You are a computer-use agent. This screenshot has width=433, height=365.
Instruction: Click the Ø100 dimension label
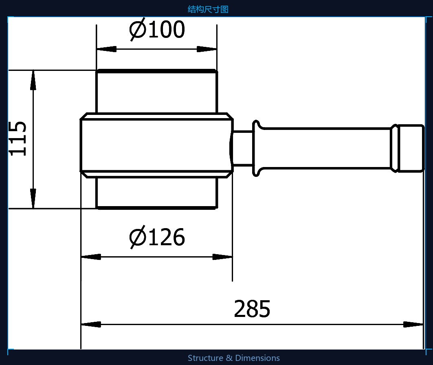tap(157, 29)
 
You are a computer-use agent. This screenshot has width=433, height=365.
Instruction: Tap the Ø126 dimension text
tap(157, 237)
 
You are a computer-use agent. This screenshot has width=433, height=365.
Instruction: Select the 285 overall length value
tap(252, 309)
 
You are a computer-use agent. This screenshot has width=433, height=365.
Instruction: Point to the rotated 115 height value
tap(18, 139)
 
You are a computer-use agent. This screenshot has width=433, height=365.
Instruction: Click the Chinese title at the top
tap(208, 9)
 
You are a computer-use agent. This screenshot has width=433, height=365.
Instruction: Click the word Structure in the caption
tap(205, 358)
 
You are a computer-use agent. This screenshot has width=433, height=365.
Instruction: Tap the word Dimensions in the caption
tap(257, 358)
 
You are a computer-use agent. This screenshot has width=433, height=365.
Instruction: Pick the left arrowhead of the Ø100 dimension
tap(107, 49)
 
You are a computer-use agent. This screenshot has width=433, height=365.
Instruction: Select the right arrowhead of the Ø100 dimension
tap(207, 49)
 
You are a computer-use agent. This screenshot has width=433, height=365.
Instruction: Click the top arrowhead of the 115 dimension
tap(33, 80)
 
